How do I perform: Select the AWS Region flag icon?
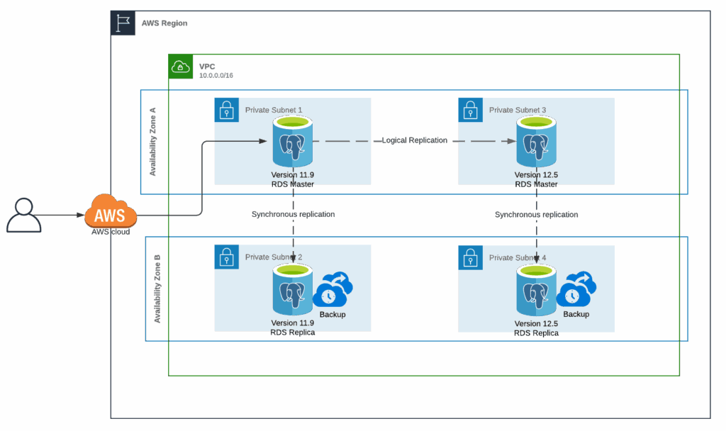coord(123,23)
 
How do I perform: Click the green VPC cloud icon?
coord(181,67)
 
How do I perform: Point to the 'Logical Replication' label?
coord(414,140)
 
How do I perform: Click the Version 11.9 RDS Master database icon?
coord(293,142)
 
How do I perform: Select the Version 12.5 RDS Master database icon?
coord(536,142)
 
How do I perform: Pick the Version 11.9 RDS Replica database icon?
coord(293,289)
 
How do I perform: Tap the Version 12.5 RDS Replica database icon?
coord(536,289)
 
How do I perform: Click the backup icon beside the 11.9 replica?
coord(333,291)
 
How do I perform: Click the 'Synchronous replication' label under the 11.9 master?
coord(293,214)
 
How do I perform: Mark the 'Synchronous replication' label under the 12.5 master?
coord(536,214)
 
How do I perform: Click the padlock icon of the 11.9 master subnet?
coord(226,111)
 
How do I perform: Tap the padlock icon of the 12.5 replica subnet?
coord(470,258)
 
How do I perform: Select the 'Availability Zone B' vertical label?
coord(157,289)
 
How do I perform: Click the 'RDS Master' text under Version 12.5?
coord(536,184)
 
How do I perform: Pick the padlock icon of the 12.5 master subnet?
coord(470,111)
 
